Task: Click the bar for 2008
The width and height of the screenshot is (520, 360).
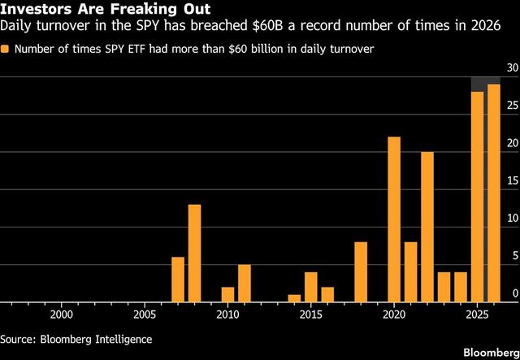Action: coord(194,253)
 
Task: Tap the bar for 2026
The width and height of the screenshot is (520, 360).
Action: coord(493,193)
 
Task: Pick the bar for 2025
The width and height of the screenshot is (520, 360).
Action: coord(477,197)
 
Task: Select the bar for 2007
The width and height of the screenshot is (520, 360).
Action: coord(178,279)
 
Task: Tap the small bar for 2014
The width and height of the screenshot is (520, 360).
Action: coord(294,297)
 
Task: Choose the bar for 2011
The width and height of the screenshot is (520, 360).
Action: coord(245,283)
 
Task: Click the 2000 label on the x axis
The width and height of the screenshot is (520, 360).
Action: coord(61,314)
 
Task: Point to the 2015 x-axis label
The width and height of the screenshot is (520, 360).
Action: coord(310,314)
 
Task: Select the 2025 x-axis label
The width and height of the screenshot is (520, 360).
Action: coord(476,314)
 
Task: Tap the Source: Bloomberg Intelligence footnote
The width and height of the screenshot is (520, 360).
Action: coord(76,337)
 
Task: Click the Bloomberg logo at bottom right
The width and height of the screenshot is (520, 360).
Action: coord(489,352)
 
